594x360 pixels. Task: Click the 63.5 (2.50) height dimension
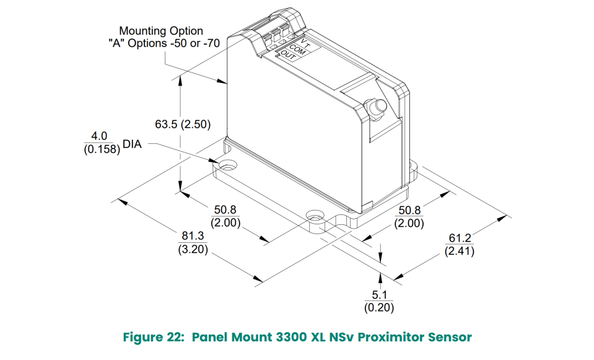point(183,124)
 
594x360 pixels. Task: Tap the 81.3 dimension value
point(193,237)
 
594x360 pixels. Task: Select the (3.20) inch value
point(193,250)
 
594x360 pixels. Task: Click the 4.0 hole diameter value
point(100,136)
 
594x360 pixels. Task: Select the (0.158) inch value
point(101,149)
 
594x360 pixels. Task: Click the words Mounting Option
point(161,30)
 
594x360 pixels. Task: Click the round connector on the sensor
point(375,107)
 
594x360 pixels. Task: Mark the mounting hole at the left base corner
point(227,166)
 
